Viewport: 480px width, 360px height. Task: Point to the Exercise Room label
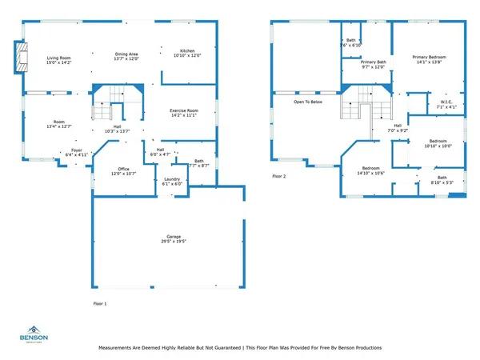183,110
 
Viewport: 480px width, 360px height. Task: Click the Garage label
166,236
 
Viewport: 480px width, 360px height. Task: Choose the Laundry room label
171,178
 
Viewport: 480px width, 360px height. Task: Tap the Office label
123,169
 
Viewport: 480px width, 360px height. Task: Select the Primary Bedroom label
430,57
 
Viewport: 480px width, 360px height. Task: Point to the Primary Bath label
373,62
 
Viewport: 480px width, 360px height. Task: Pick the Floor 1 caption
100,304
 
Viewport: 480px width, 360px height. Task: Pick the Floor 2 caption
278,175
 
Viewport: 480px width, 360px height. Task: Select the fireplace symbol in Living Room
23,57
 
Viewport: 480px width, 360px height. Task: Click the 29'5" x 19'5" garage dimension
166,241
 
